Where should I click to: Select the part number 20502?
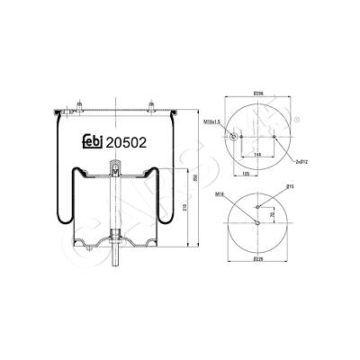[128, 141]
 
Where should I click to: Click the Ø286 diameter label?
[257, 94]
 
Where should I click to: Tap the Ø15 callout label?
[290, 186]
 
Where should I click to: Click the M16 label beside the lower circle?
[220, 193]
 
